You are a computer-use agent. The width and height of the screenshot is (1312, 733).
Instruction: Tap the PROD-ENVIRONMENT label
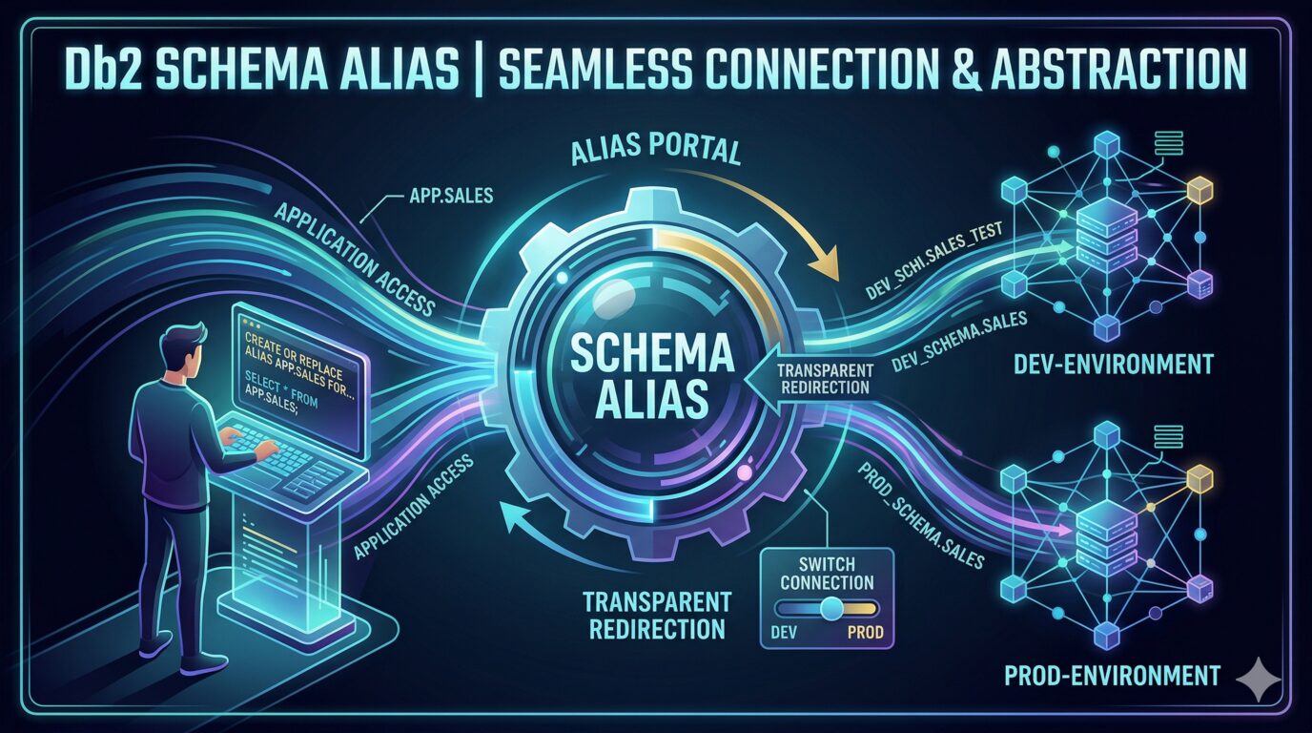click(1112, 677)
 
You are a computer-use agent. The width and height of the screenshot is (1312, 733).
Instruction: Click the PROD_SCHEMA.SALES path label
click(921, 514)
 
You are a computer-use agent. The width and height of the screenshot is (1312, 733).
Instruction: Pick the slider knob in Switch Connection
click(831, 608)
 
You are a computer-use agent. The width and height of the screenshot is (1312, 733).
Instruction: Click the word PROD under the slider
click(864, 632)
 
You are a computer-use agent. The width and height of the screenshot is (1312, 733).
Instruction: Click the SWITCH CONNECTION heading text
click(827, 573)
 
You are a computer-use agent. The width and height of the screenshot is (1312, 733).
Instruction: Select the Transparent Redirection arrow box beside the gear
click(810, 378)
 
